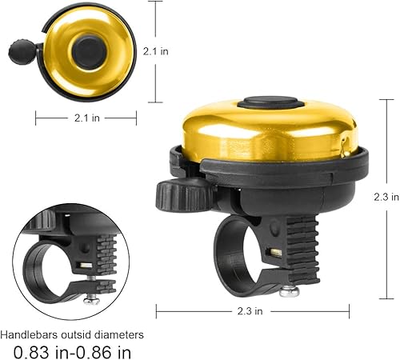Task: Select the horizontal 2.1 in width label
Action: coord(81,118)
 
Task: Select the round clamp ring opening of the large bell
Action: coord(240,252)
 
